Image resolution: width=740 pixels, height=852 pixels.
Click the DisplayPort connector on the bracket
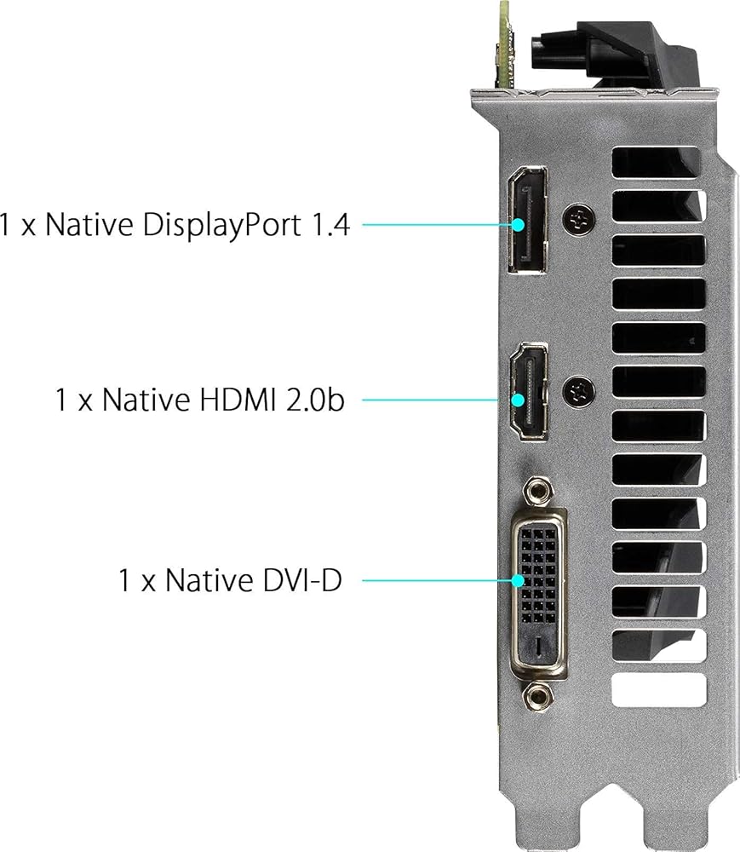click(x=528, y=220)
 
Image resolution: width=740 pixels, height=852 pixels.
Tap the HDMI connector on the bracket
click(x=529, y=391)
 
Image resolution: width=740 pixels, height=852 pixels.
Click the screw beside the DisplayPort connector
click(x=578, y=220)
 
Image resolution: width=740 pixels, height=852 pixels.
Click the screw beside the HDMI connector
click(x=579, y=391)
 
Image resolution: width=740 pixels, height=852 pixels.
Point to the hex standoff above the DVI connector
click(x=538, y=492)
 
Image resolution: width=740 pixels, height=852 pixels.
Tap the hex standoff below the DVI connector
click(x=538, y=696)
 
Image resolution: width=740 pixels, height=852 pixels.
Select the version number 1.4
click(x=330, y=225)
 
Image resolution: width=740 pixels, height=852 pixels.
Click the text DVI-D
click(x=301, y=579)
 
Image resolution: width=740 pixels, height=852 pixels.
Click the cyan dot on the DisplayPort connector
click(x=519, y=224)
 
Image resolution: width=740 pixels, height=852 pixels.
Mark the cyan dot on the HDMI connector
click(x=519, y=400)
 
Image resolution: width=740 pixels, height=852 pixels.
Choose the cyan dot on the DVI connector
click(x=519, y=581)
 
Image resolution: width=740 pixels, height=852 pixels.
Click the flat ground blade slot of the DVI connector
click(x=538, y=646)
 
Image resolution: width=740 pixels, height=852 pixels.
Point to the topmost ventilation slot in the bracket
click(x=656, y=162)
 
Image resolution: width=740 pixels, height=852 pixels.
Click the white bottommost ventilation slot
click(x=659, y=690)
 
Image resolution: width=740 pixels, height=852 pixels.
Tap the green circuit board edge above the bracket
click(x=504, y=43)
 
